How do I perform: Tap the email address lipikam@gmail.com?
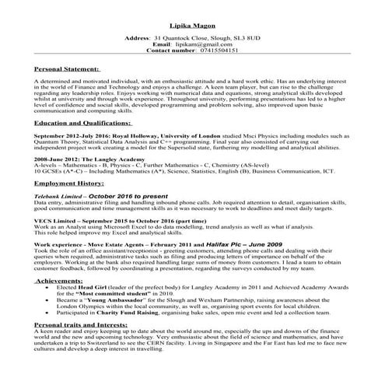click(212, 44)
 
